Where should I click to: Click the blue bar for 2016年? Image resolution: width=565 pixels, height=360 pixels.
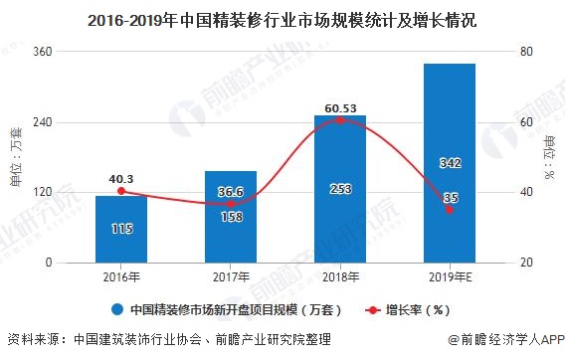point(121,229)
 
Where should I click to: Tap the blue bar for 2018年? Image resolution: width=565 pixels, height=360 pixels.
point(339,188)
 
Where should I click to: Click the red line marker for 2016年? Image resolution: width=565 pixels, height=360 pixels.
point(121,191)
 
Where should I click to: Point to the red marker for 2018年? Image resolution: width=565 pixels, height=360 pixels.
point(339,120)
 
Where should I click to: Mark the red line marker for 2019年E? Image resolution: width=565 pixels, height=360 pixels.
point(449,209)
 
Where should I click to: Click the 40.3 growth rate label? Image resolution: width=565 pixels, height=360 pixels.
point(121,178)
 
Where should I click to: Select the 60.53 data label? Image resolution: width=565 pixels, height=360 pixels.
point(339,106)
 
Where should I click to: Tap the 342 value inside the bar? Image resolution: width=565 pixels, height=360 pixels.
point(449,162)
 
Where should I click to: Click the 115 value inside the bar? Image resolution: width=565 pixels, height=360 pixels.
point(121,230)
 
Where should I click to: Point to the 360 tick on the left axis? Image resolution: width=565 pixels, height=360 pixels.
point(72,52)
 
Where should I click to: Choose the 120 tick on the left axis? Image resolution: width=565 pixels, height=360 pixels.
point(72,192)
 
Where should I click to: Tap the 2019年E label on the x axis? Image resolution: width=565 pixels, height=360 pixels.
point(449,277)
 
